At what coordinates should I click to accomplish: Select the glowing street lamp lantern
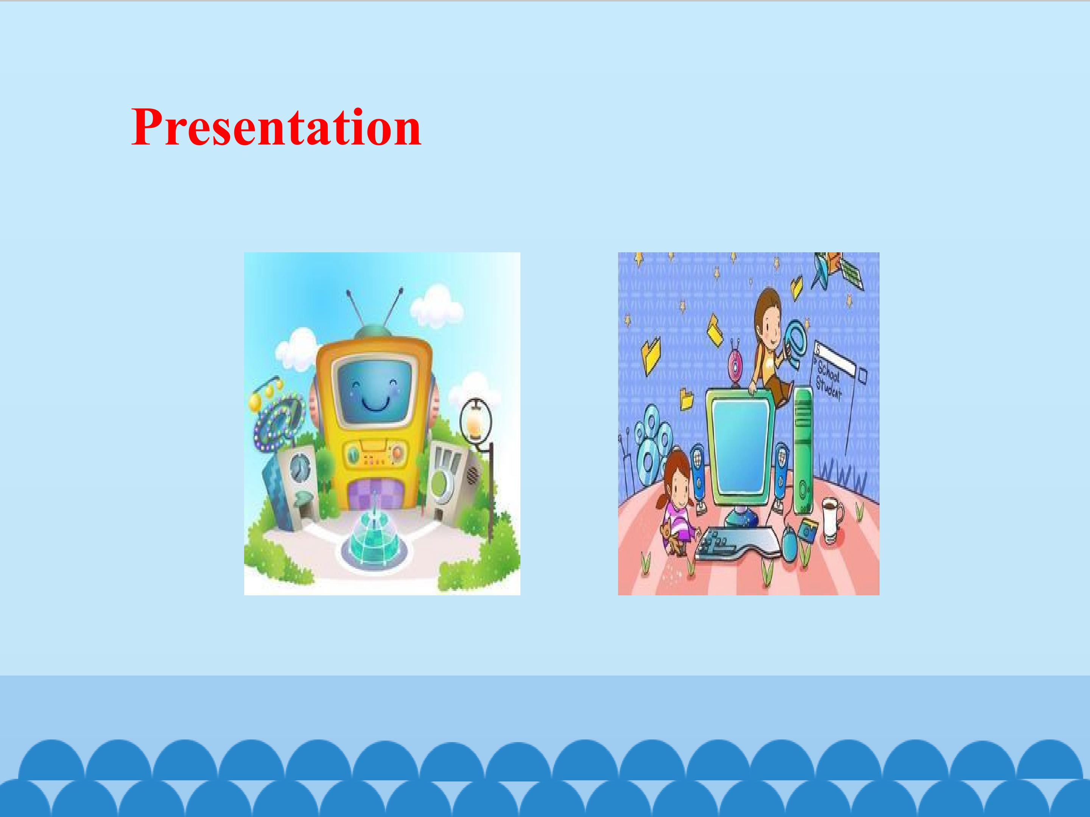475,419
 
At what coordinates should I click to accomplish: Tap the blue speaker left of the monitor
698,470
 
